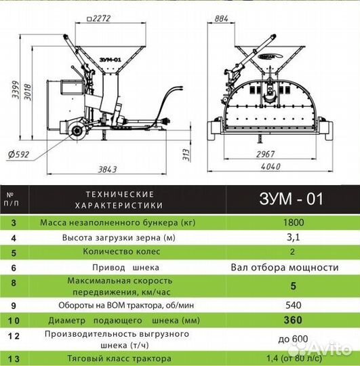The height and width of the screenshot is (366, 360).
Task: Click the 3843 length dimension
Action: point(101,167)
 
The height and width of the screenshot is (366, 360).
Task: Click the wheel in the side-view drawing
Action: point(76,128)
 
